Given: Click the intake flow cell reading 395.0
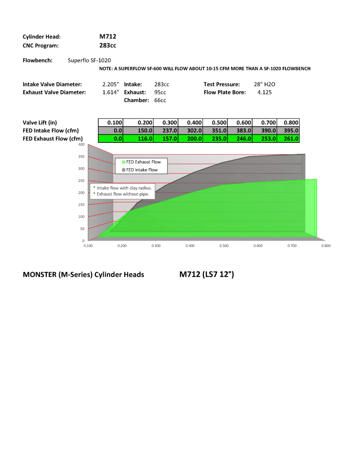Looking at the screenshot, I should pyautogui.click(x=291, y=131).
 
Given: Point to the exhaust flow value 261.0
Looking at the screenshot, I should pyautogui.click(x=291, y=139).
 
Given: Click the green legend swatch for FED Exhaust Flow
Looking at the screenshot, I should pyautogui.click(x=123, y=162).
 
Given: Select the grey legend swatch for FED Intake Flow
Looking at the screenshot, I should pyautogui.click(x=123, y=170).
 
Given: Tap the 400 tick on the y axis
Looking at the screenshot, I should pyautogui.click(x=81, y=144).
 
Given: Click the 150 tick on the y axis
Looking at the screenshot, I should pyautogui.click(x=81, y=204).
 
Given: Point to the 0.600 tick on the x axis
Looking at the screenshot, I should pyautogui.click(x=258, y=246).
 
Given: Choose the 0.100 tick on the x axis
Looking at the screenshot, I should pyautogui.click(x=88, y=246).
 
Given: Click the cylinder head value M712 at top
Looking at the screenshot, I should pyautogui.click(x=108, y=37).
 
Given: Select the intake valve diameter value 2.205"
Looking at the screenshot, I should pyautogui.click(x=110, y=84).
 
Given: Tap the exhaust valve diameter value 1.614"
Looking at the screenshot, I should pyautogui.click(x=110, y=92).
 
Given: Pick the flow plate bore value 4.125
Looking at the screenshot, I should pyautogui.click(x=264, y=92).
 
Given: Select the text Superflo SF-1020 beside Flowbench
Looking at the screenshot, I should pyautogui.click(x=90, y=60).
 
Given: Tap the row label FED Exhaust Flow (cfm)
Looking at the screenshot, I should pyautogui.click(x=52, y=139).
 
